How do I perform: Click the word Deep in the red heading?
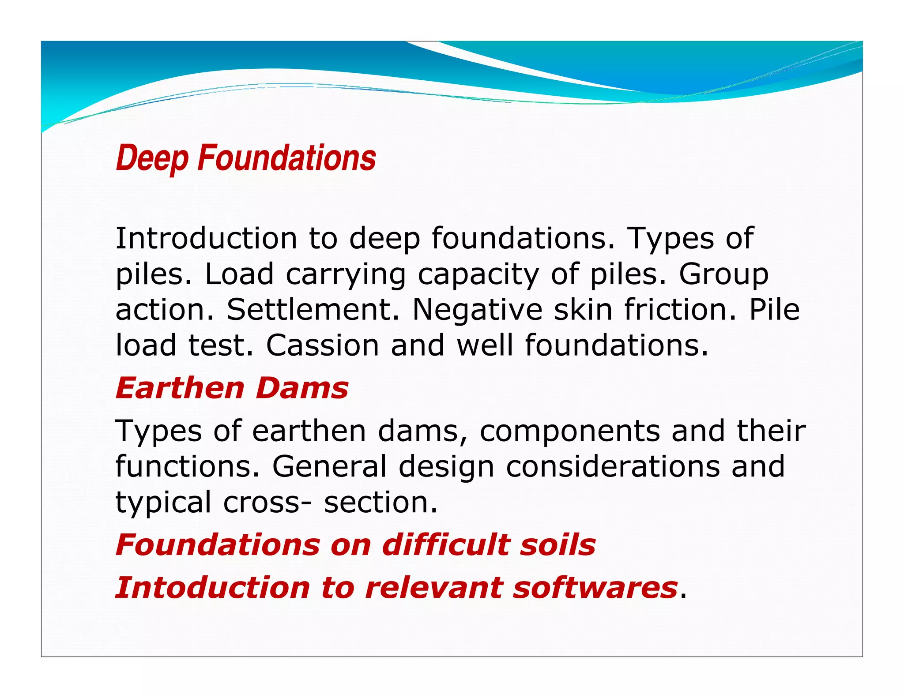coord(152,158)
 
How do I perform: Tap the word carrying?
coord(346,275)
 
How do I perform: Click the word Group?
coord(723,275)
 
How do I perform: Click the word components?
coord(570,431)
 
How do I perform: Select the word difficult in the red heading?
coord(445,544)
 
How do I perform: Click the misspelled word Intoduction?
coord(212,588)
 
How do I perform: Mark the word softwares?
coord(595,588)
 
